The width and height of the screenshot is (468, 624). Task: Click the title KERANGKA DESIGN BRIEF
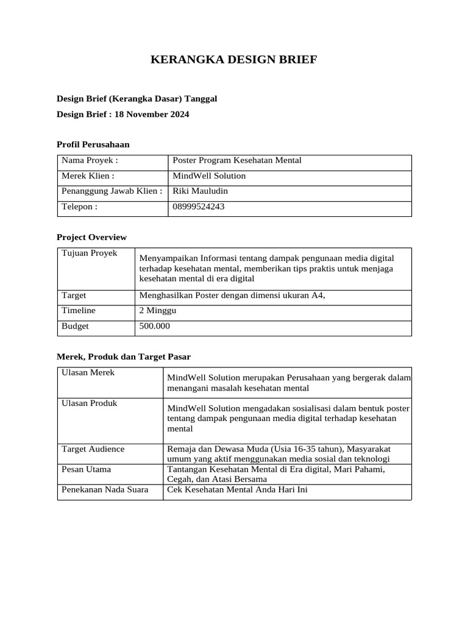click(233, 60)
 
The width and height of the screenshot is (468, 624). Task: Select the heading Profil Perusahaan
click(93, 144)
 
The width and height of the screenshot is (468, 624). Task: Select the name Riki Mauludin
click(200, 191)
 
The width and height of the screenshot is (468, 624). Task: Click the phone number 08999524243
click(199, 207)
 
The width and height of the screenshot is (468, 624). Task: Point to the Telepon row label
click(80, 207)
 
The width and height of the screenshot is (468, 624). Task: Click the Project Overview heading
click(91, 237)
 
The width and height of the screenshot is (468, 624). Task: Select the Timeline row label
click(79, 310)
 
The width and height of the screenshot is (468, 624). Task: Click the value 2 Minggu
click(158, 310)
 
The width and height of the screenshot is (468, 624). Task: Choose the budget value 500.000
click(155, 326)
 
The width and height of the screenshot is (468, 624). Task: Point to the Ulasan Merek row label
click(88, 372)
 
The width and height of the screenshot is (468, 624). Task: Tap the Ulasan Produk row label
click(90, 403)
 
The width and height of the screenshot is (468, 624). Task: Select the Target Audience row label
click(93, 448)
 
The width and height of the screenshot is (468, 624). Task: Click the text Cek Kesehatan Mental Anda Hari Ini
click(238, 489)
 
